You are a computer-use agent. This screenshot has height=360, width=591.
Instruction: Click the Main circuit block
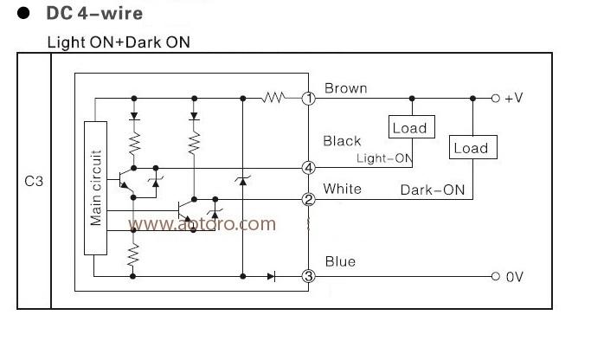pyautogui.click(x=95, y=188)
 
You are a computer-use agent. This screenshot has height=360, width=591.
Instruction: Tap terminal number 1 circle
pyautogui.click(x=309, y=99)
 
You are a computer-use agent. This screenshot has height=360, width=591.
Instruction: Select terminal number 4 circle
pyautogui.click(x=309, y=168)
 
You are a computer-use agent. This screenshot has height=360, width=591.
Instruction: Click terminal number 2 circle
pyautogui.click(x=309, y=199)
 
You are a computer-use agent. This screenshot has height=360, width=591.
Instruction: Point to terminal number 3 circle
pyautogui.click(x=309, y=276)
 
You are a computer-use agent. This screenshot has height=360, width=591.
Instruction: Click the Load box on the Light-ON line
pyautogui.click(x=412, y=127)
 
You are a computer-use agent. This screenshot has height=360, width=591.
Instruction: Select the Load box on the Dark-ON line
pyautogui.click(x=473, y=147)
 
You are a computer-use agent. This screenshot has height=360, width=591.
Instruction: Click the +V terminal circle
pyautogui.click(x=496, y=99)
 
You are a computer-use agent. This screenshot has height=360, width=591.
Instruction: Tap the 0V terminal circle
pyautogui.click(x=496, y=276)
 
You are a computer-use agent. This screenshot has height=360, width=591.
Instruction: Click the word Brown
pyautogui.click(x=345, y=88)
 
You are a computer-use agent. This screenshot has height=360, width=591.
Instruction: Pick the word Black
pyautogui.click(x=342, y=141)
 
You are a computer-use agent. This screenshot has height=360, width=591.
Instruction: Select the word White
pyautogui.click(x=343, y=189)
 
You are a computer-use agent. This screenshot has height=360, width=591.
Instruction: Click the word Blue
pyautogui.click(x=340, y=261)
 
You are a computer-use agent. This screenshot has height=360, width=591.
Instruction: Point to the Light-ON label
pyautogui.click(x=384, y=158)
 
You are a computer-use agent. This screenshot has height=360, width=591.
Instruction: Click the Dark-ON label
pyautogui.click(x=433, y=190)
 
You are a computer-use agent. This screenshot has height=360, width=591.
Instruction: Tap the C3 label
pyautogui.click(x=34, y=182)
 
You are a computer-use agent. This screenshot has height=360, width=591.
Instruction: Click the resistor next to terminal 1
pyautogui.click(x=274, y=98)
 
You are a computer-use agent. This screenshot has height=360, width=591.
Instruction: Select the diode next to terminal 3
pyautogui.click(x=271, y=276)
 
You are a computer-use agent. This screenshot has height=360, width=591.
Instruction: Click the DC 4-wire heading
pyautogui.click(x=94, y=14)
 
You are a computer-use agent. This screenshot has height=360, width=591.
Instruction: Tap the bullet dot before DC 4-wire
pyautogui.click(x=23, y=13)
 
